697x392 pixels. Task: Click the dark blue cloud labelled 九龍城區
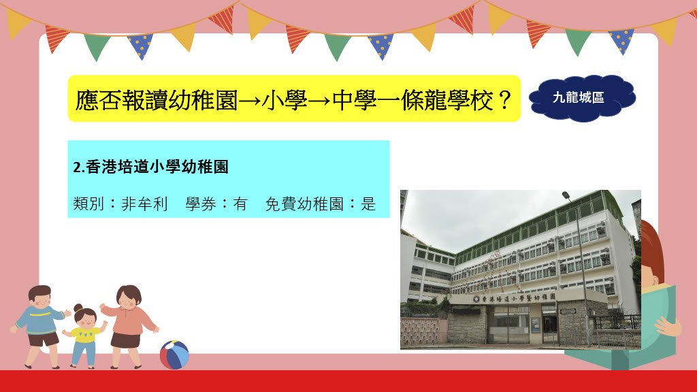582,98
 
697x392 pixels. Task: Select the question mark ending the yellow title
504,100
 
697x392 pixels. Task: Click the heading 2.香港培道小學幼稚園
150,167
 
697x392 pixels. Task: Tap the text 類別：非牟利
120,204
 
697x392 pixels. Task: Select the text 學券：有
216,204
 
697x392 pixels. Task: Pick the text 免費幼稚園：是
321,204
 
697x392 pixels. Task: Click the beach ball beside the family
174,355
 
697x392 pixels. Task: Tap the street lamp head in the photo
566,195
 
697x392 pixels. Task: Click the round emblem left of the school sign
476,299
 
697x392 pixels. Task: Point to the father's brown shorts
43,340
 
